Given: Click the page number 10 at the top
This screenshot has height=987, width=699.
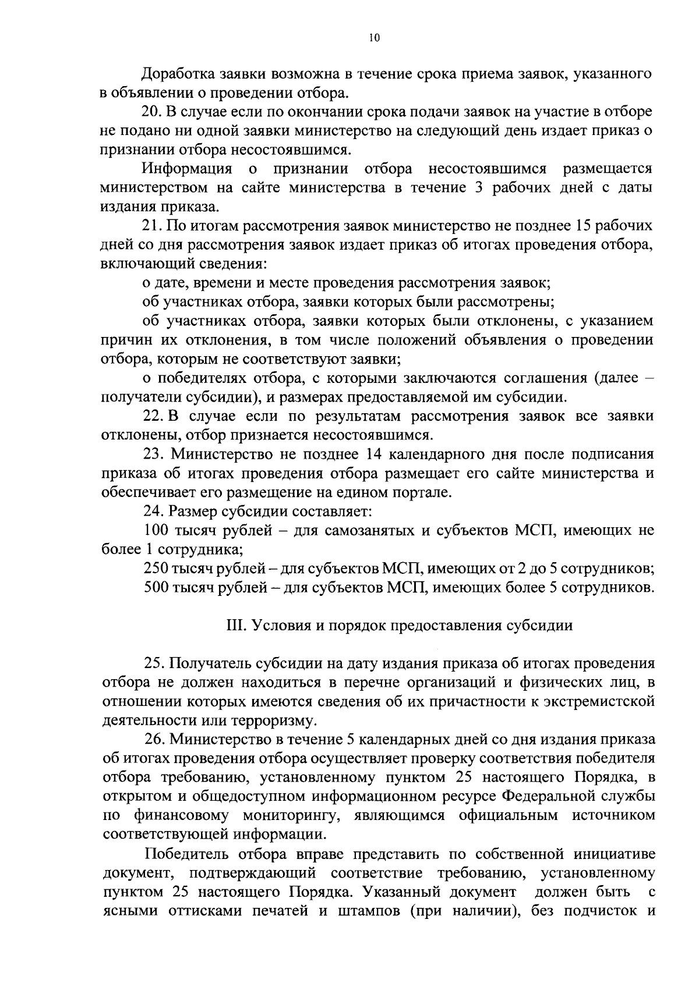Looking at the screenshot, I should coord(374,38).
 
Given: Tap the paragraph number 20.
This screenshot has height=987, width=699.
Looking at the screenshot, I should coord(151,112).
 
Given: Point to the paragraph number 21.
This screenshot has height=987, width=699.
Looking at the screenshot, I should coord(151,226).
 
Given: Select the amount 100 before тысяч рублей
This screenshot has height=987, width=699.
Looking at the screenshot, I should coord(156,530).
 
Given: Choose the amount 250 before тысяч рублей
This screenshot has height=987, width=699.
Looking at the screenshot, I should coord(156,568).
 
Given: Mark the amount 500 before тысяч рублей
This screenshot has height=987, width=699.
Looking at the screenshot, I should coord(156,587).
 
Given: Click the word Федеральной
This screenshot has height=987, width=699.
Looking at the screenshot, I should coord(552,796).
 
